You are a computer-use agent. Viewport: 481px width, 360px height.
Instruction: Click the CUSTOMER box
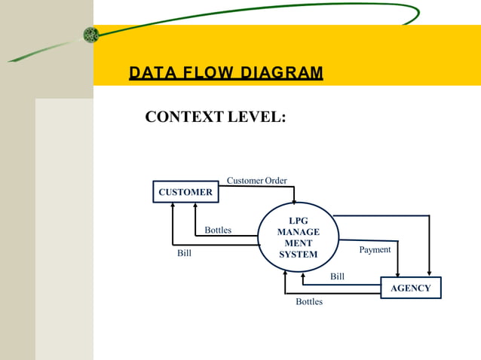pos(185,192)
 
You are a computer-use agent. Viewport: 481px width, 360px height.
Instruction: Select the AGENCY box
pos(411,288)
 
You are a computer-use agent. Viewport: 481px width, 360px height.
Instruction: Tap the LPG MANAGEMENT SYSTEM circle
pos(298,237)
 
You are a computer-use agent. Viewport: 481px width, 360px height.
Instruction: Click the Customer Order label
pos(256,181)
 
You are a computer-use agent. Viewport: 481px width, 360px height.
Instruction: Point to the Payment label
pos(375,249)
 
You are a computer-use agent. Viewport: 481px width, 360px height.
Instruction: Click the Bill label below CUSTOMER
pos(184,253)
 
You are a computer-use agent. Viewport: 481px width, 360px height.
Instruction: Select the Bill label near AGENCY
pos(337,276)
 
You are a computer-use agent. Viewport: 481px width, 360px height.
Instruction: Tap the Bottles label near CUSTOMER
pos(218,230)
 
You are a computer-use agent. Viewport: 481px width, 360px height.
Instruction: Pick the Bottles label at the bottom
pos(308,302)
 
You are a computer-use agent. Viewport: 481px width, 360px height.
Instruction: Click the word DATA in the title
pos(150,73)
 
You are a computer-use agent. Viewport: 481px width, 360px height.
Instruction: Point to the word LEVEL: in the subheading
pos(259,117)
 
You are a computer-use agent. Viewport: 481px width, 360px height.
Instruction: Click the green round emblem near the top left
pos(91,35)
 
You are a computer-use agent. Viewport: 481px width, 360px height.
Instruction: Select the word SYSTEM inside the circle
pos(298,255)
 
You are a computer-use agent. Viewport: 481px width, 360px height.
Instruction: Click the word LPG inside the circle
pos(298,221)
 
